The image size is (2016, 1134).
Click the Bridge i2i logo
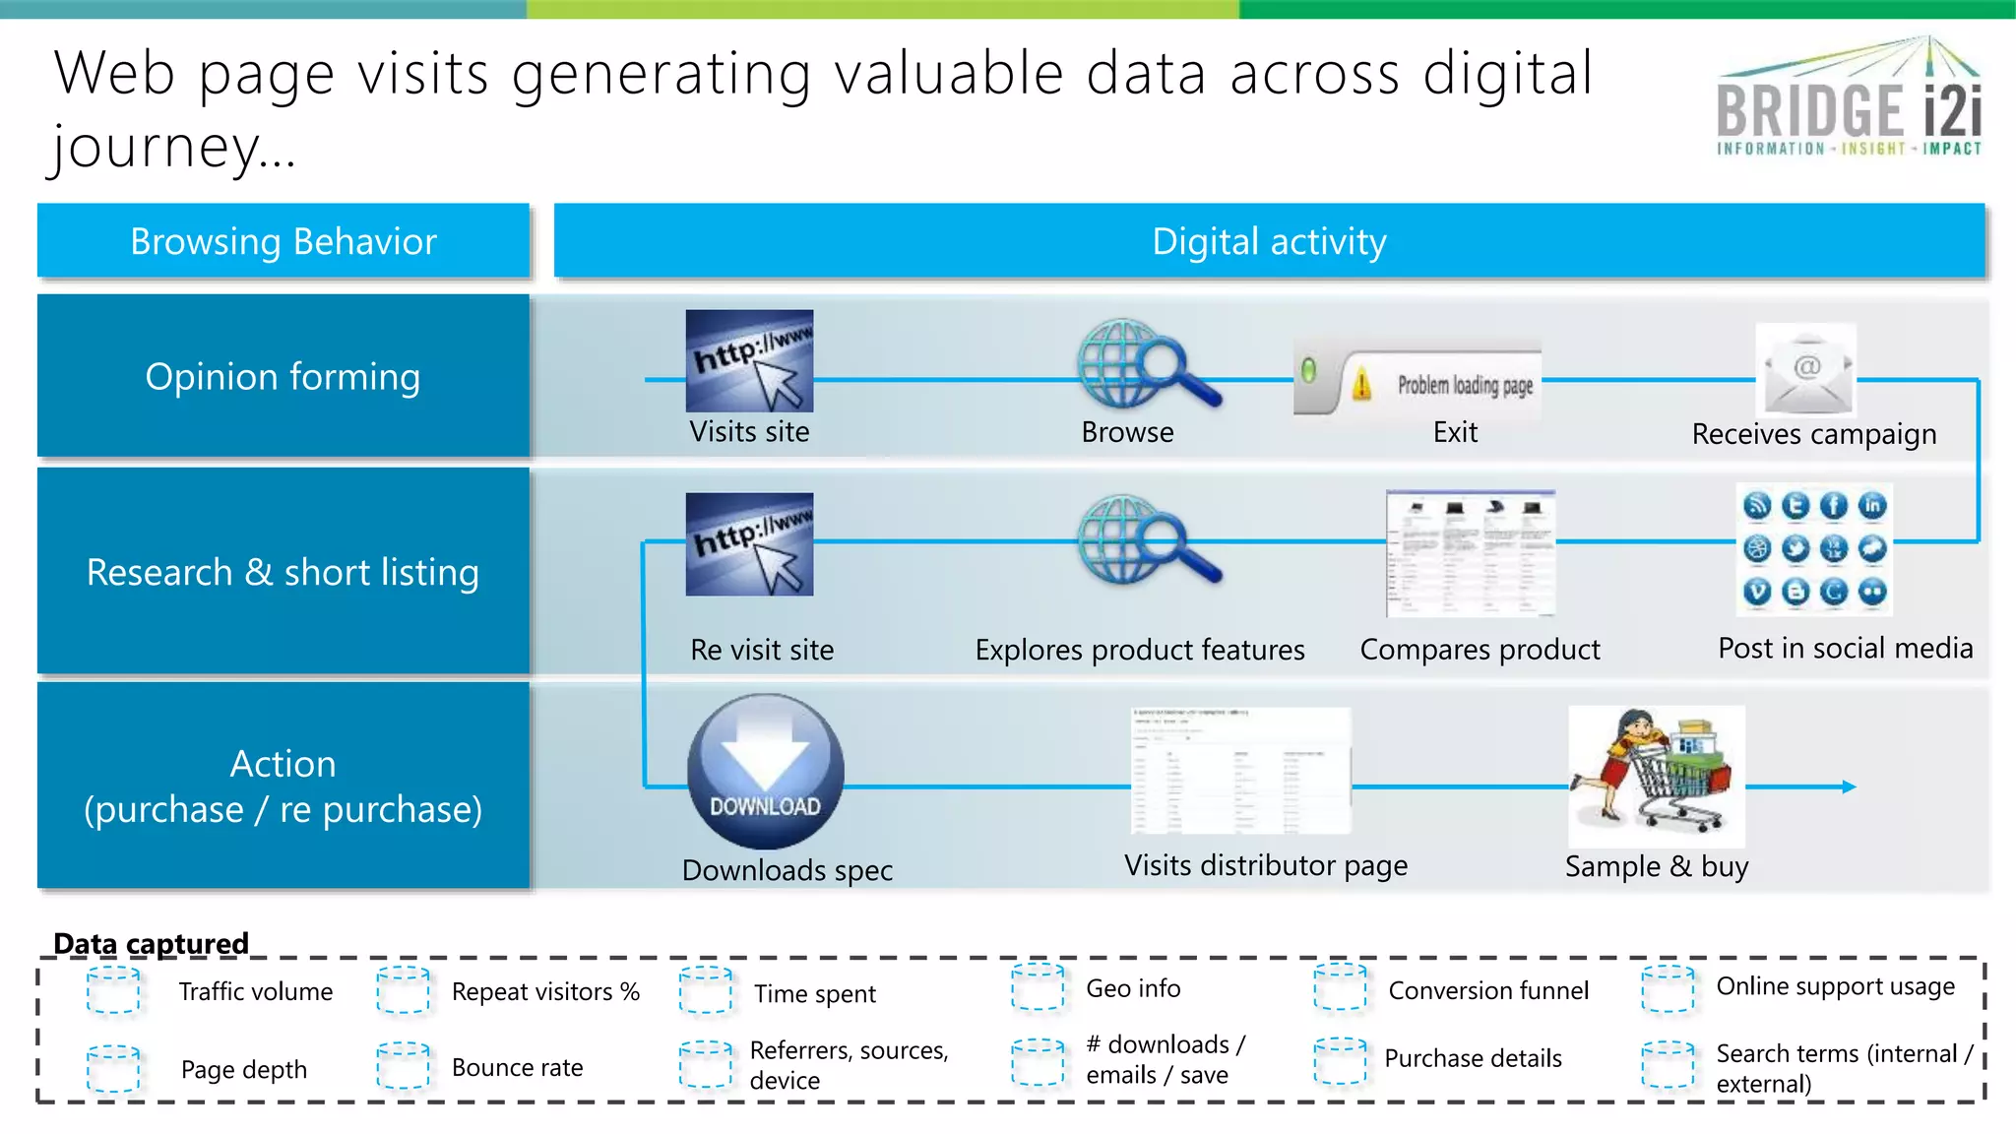[x=1849, y=98]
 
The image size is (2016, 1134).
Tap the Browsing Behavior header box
[x=283, y=241]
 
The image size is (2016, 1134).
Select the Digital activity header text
[x=1269, y=242]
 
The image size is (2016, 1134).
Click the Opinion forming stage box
[x=283, y=376]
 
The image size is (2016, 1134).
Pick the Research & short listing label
[x=283, y=572]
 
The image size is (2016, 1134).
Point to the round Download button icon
[x=765, y=772]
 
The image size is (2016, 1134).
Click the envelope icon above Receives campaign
[x=1806, y=371]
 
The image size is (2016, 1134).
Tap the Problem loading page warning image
[x=1417, y=382]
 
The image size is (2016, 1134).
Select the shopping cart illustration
[x=1656, y=776]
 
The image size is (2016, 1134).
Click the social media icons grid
[x=1814, y=548]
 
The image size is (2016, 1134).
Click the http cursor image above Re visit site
[x=750, y=544]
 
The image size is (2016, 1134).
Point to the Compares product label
[x=1480, y=650]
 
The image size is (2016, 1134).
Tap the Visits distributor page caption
[x=1266, y=865]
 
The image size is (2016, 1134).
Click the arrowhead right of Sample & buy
[x=1849, y=787]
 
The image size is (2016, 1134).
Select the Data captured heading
[x=151, y=943]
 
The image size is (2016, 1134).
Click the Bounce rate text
[x=517, y=1067]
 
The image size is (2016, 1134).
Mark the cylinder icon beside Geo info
[x=1038, y=987]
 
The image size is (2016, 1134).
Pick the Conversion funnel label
[x=1488, y=990]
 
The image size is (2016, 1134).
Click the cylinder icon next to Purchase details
[x=1340, y=1060]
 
